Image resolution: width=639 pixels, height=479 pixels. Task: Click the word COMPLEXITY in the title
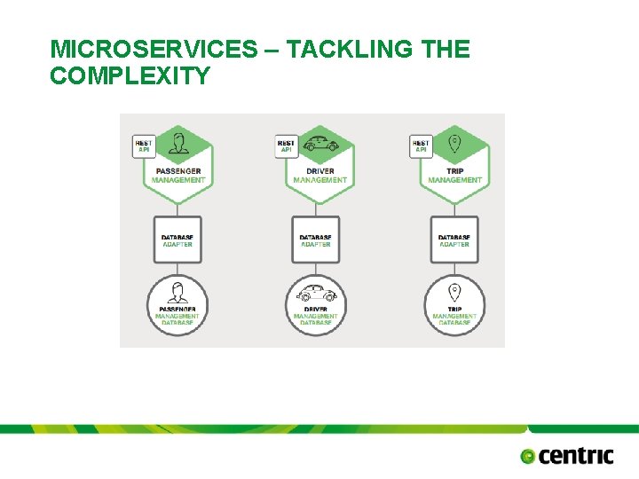point(130,76)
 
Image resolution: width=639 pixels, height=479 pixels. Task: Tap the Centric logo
point(567,456)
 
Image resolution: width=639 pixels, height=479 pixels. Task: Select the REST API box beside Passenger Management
point(143,145)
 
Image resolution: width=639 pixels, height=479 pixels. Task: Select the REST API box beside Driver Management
point(286,145)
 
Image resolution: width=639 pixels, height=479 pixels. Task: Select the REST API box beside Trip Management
point(421,145)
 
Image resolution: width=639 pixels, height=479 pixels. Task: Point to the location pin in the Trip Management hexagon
point(454,143)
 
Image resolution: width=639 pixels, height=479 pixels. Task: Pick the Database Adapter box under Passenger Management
point(177,239)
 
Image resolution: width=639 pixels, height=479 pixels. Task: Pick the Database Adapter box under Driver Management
point(316,239)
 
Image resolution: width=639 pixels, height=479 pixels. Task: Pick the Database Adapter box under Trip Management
point(454,239)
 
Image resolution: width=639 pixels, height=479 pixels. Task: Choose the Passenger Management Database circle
point(177,304)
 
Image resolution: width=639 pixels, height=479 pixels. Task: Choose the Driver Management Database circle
point(316,304)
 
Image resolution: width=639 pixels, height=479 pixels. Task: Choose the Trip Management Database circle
point(454,304)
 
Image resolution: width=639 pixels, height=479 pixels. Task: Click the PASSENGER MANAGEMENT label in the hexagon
point(178,176)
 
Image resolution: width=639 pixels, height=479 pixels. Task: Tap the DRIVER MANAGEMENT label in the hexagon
point(319,176)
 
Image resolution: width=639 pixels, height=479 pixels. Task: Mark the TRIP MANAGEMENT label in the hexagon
point(454,176)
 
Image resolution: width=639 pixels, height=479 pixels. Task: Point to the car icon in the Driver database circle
point(316,292)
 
